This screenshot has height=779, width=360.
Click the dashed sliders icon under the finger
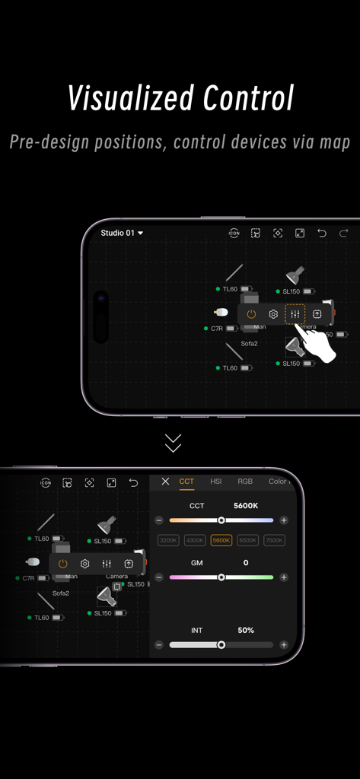click(x=295, y=314)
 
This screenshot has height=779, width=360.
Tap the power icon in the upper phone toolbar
click(x=251, y=314)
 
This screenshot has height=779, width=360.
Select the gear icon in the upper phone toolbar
click(x=273, y=314)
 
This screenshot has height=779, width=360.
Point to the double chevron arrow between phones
click(x=174, y=443)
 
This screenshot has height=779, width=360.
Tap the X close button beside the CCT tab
click(x=165, y=482)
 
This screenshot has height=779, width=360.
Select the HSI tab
click(x=216, y=482)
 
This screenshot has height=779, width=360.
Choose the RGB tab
click(x=245, y=482)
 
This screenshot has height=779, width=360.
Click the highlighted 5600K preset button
click(x=221, y=540)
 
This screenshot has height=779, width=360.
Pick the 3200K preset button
click(x=168, y=540)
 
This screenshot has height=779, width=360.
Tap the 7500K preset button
click(x=274, y=540)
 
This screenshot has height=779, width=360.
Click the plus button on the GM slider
click(x=284, y=577)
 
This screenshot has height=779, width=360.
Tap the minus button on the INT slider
click(x=159, y=645)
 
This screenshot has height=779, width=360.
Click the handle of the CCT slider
click(x=221, y=520)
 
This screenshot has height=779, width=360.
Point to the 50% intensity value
click(x=245, y=630)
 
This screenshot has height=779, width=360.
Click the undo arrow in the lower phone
click(x=133, y=482)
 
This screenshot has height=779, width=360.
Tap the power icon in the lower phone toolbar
click(x=63, y=564)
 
